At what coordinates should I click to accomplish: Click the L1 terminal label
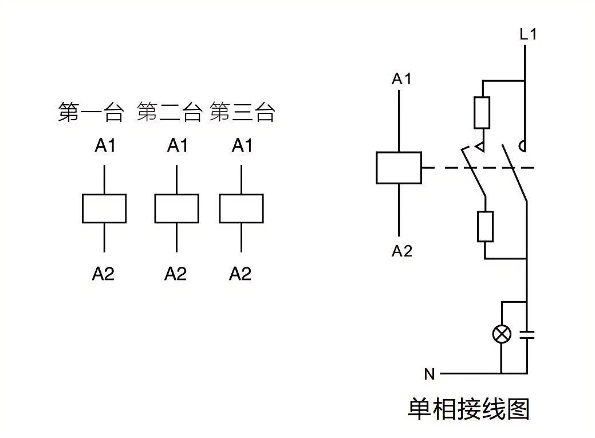(528, 34)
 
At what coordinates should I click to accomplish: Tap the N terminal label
(429, 374)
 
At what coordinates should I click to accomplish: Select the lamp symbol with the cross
(502, 334)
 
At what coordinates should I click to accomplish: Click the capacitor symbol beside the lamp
(526, 334)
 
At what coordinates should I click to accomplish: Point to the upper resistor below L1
(482, 113)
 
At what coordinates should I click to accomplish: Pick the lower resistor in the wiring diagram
(485, 226)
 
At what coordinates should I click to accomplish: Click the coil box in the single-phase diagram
(399, 168)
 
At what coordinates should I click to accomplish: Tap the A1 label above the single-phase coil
(401, 79)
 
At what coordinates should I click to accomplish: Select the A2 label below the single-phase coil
(401, 251)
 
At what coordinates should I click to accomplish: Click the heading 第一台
(90, 112)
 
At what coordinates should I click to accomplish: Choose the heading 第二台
(170, 112)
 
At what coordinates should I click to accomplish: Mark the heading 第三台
(242, 112)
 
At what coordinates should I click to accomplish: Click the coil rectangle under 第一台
(104, 208)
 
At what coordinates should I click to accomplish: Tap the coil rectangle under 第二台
(176, 208)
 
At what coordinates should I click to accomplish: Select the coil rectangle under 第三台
(241, 208)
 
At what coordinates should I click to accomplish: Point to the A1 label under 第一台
(105, 146)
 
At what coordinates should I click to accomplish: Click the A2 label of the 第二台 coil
(176, 274)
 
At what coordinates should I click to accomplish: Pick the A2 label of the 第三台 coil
(241, 274)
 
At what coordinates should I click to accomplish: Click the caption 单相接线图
(468, 409)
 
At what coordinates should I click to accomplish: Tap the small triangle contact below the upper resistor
(482, 147)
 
